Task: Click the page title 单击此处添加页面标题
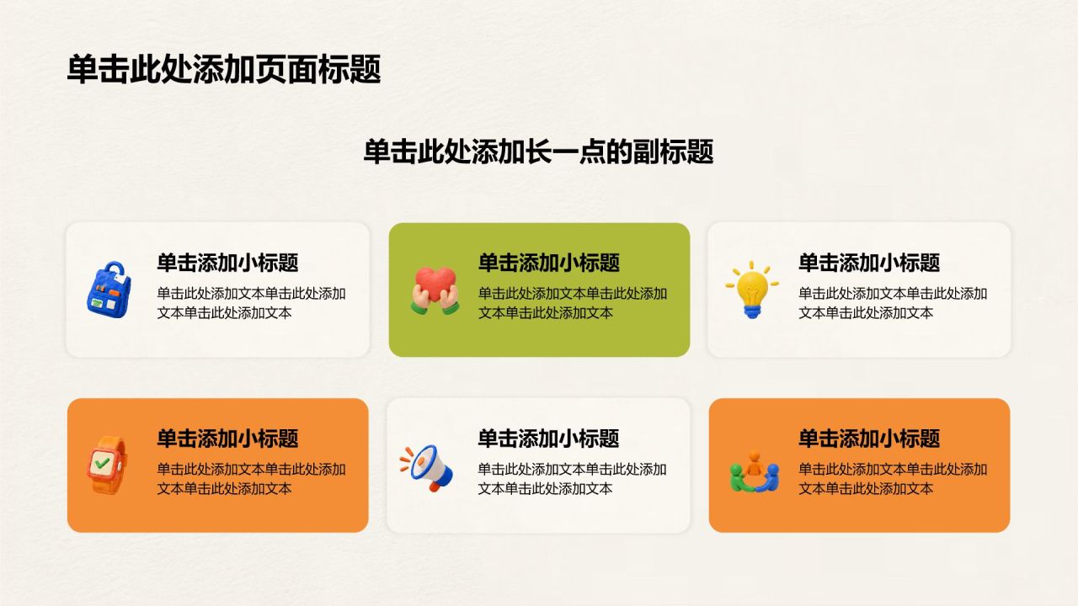click(224, 69)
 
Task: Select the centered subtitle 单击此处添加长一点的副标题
click(538, 152)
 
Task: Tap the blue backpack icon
click(109, 290)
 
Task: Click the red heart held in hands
click(435, 284)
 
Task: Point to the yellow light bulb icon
click(752, 290)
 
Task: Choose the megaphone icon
click(427, 467)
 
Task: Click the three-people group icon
click(754, 471)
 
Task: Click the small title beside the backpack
click(227, 263)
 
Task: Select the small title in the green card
click(548, 263)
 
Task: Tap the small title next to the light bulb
click(869, 263)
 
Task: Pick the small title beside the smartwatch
click(227, 439)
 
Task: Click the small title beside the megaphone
click(548, 439)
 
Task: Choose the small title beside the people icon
click(869, 439)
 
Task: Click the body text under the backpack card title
click(251, 303)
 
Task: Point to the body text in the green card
click(572, 303)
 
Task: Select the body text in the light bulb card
click(893, 303)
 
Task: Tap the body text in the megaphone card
click(572, 479)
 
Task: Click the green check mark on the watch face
click(102, 463)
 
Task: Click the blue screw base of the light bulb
click(752, 311)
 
